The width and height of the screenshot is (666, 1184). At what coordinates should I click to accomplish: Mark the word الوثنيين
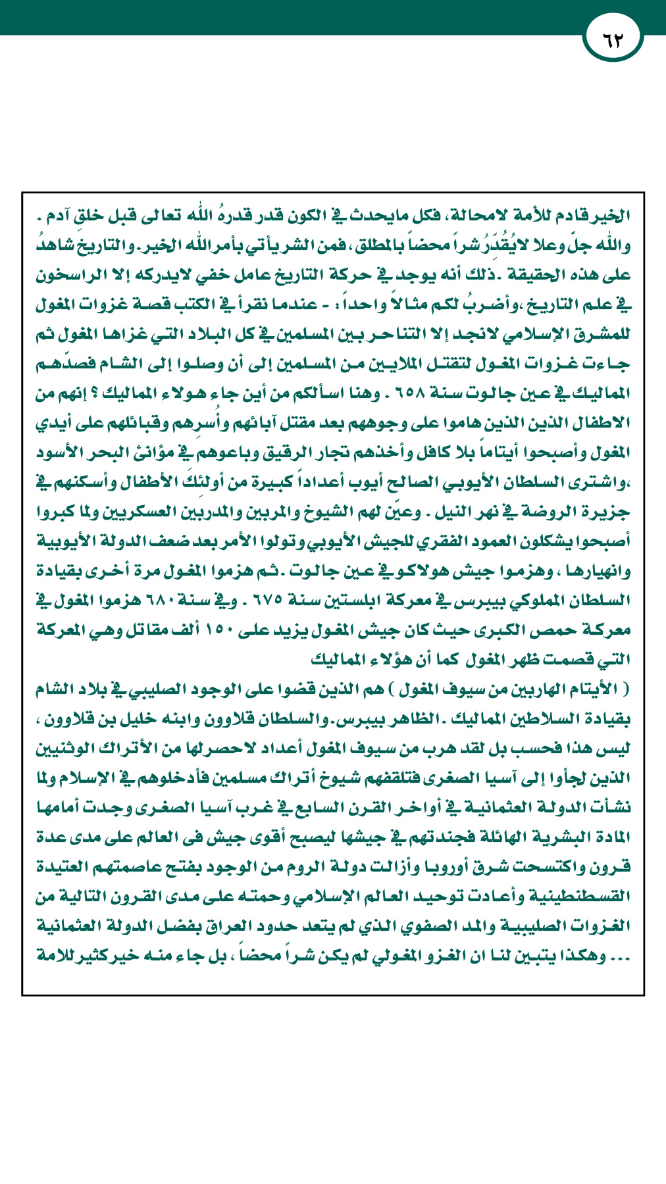(68, 748)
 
